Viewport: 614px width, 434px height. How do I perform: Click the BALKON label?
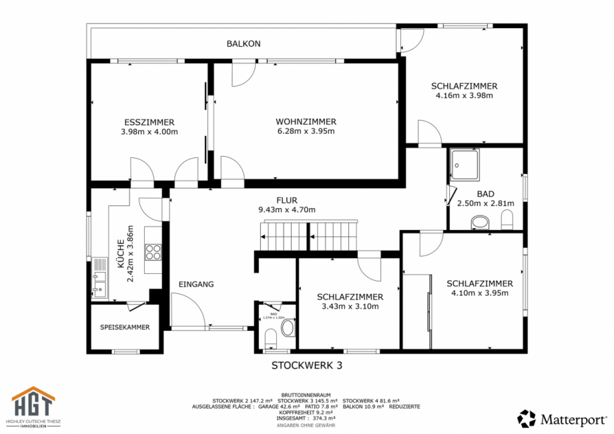tap(243, 44)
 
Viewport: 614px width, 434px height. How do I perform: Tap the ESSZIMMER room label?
tap(149, 122)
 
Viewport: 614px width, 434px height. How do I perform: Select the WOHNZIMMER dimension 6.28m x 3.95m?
tap(306, 131)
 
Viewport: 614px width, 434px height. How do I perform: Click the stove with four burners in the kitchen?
tap(153, 252)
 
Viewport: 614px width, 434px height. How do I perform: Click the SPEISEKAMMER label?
tap(125, 327)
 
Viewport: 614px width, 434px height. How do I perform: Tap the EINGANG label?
tap(196, 284)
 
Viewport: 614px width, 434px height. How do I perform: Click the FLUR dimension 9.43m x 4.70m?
tap(286, 209)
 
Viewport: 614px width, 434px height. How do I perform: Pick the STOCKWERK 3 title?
tap(307, 365)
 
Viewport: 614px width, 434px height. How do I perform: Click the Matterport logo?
tap(562, 419)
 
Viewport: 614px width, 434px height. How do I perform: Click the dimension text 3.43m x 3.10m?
tap(350, 307)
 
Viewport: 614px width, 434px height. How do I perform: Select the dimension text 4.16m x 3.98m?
tap(464, 95)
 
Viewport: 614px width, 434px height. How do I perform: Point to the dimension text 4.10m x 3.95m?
tap(480, 293)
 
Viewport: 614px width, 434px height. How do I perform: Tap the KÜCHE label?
tap(121, 254)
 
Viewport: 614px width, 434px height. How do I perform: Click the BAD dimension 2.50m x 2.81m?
tap(486, 203)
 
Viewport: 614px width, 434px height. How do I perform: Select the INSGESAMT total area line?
tap(307, 418)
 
